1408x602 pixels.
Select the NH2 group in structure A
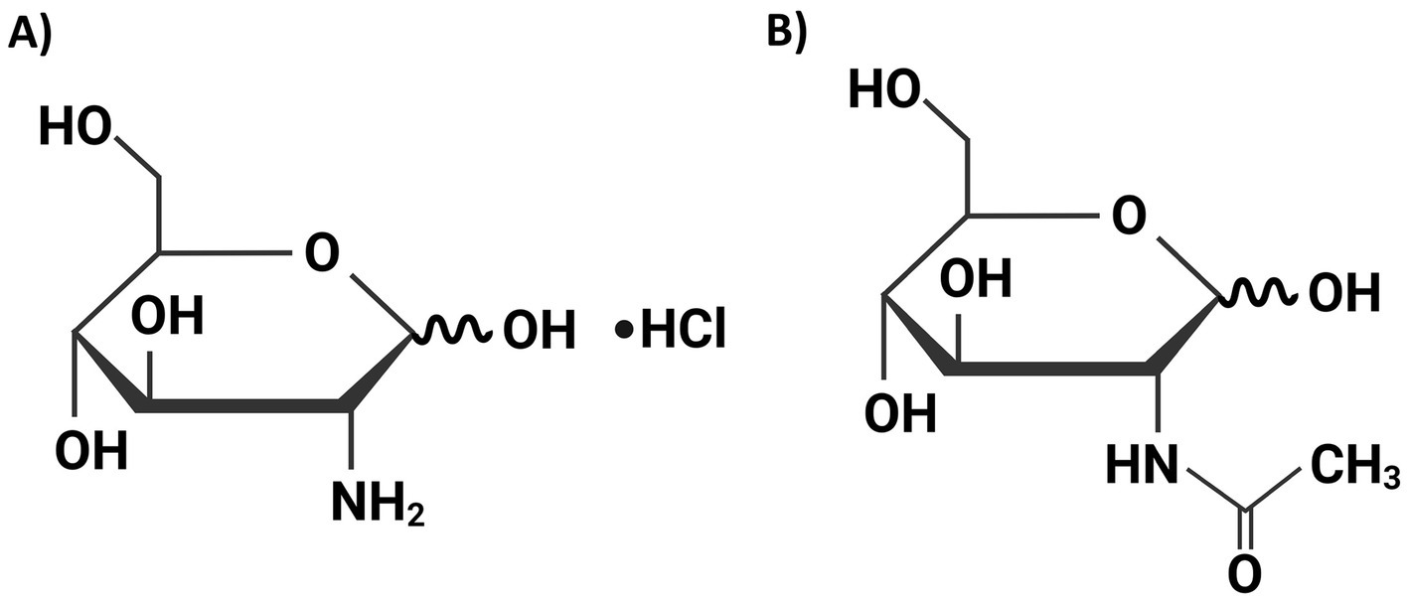[x=379, y=504]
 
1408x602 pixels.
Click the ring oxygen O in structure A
[x=321, y=253]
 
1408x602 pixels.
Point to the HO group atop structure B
[x=882, y=92]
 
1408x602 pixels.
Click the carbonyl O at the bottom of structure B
[x=1244, y=573]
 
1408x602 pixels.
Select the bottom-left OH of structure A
[x=90, y=452]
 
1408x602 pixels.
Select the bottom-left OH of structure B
[x=898, y=412]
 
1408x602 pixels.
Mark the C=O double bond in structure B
[x=1244, y=527]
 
